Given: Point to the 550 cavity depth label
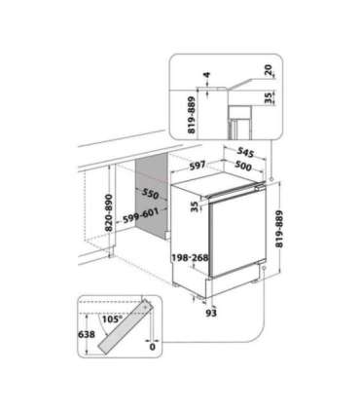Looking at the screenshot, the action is click(149, 193).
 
